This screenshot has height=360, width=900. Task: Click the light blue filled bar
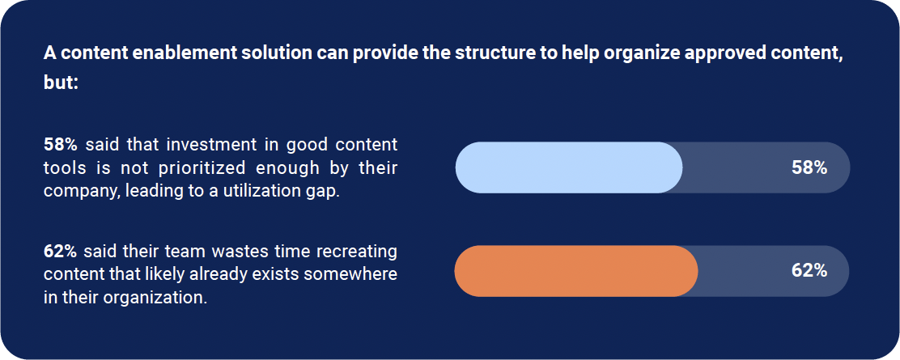[x=569, y=167]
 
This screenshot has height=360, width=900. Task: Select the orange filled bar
[x=576, y=271]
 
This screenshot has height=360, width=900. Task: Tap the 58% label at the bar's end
[x=809, y=167]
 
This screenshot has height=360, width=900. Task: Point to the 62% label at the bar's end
[x=809, y=271]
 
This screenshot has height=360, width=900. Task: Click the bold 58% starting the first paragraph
[x=60, y=144]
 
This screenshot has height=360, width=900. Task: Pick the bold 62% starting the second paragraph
[x=60, y=252]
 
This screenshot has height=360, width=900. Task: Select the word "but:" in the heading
[x=61, y=82]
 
